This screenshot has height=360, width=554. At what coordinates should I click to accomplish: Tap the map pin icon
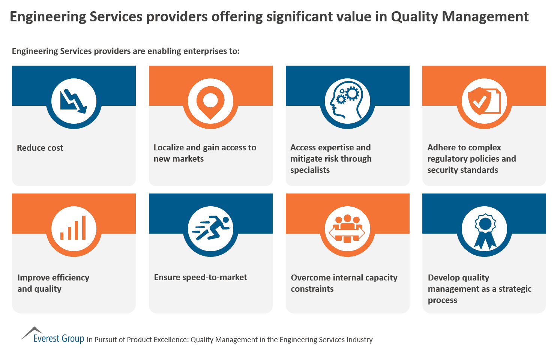[x=210, y=102]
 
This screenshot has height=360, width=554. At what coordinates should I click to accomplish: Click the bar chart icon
[x=74, y=228]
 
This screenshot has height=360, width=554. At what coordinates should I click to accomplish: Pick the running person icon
[x=210, y=228]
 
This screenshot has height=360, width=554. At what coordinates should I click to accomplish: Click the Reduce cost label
[x=40, y=148]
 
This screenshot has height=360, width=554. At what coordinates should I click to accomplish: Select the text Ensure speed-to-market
[x=200, y=277]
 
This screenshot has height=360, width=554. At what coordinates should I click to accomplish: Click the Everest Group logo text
[x=59, y=339]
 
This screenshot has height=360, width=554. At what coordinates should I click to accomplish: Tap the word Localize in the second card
[x=168, y=148]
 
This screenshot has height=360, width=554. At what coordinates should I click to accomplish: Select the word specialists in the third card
[x=310, y=170]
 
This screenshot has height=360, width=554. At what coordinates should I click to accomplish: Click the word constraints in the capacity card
[x=312, y=289]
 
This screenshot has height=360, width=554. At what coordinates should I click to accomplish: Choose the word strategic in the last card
[x=515, y=289]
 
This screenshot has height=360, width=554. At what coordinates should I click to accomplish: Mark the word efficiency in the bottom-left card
[x=71, y=278]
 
